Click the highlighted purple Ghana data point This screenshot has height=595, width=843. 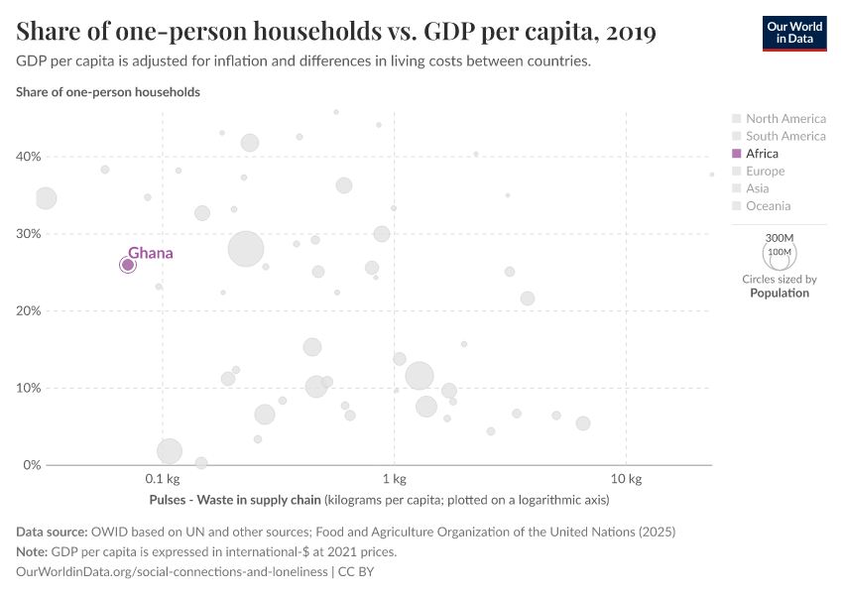click(128, 265)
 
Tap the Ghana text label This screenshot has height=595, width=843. click(150, 253)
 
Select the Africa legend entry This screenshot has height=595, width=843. click(762, 154)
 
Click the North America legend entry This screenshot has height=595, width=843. click(784, 119)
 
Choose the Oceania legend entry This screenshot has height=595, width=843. click(768, 206)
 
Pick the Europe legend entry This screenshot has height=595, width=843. click(765, 172)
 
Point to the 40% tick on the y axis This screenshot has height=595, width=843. click(27, 157)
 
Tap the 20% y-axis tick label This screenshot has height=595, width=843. click(27, 311)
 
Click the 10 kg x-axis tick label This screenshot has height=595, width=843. click(626, 480)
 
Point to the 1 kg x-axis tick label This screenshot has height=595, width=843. click(395, 480)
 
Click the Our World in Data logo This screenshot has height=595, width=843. click(793, 33)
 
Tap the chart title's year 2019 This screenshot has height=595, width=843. click(628, 33)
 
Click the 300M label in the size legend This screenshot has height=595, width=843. click(781, 238)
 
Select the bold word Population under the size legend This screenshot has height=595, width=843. click(780, 294)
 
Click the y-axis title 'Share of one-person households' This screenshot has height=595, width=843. click(108, 92)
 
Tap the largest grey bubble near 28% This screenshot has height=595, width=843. click(247, 249)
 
